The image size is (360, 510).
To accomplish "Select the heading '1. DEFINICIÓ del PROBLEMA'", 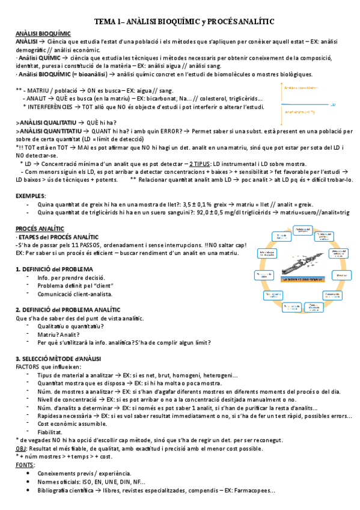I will (54, 268).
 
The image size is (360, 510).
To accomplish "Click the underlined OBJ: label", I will (21, 449).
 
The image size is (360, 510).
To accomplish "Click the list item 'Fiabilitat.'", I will (52, 432).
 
